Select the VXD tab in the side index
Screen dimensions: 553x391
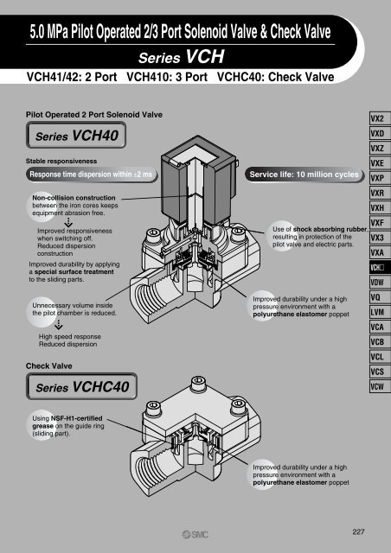tap(377, 135)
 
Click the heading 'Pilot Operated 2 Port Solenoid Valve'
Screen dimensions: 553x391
tap(87, 112)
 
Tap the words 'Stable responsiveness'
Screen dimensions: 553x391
tap(61, 159)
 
